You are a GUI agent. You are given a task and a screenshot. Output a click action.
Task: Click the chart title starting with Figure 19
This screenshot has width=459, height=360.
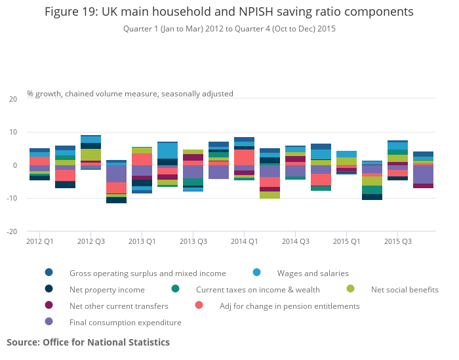(x=229, y=12)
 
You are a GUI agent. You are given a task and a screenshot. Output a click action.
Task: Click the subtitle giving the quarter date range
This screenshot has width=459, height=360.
(x=229, y=29)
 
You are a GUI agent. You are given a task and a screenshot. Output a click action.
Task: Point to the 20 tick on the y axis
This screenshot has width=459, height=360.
(x=13, y=99)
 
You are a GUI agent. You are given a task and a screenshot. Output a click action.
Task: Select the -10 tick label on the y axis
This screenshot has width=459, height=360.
(x=12, y=199)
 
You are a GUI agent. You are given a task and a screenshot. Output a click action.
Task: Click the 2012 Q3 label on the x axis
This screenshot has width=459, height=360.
(x=90, y=241)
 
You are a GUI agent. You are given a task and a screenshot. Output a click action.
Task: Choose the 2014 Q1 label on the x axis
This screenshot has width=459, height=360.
(x=244, y=241)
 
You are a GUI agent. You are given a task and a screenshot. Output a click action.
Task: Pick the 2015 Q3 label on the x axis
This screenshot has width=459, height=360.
(x=397, y=241)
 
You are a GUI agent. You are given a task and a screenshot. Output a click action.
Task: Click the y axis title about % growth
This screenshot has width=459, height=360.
(x=130, y=94)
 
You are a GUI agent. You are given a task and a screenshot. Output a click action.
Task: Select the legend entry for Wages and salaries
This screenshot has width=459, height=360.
(x=312, y=273)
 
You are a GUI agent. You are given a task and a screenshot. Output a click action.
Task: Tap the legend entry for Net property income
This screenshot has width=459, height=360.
(x=107, y=289)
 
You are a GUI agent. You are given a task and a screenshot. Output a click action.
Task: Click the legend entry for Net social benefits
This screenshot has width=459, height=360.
(x=404, y=289)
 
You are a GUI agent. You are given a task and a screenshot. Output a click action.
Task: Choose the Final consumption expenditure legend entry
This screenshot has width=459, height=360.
(x=125, y=322)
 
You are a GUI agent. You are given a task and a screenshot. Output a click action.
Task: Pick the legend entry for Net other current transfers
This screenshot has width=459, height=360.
(x=119, y=306)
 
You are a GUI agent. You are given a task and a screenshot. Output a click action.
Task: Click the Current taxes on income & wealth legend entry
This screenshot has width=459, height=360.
(x=258, y=289)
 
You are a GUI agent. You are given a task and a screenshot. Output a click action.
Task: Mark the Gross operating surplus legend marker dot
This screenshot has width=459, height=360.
(x=49, y=273)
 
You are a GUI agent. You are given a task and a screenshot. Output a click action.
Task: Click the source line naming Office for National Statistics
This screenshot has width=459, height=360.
(x=88, y=342)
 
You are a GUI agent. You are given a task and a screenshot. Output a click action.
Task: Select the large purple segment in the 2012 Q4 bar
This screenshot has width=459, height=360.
(x=116, y=174)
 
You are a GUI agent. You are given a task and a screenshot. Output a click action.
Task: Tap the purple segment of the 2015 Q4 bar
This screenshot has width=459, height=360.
(x=423, y=174)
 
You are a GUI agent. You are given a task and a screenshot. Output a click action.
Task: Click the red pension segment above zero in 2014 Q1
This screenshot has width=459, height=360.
(x=244, y=157)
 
